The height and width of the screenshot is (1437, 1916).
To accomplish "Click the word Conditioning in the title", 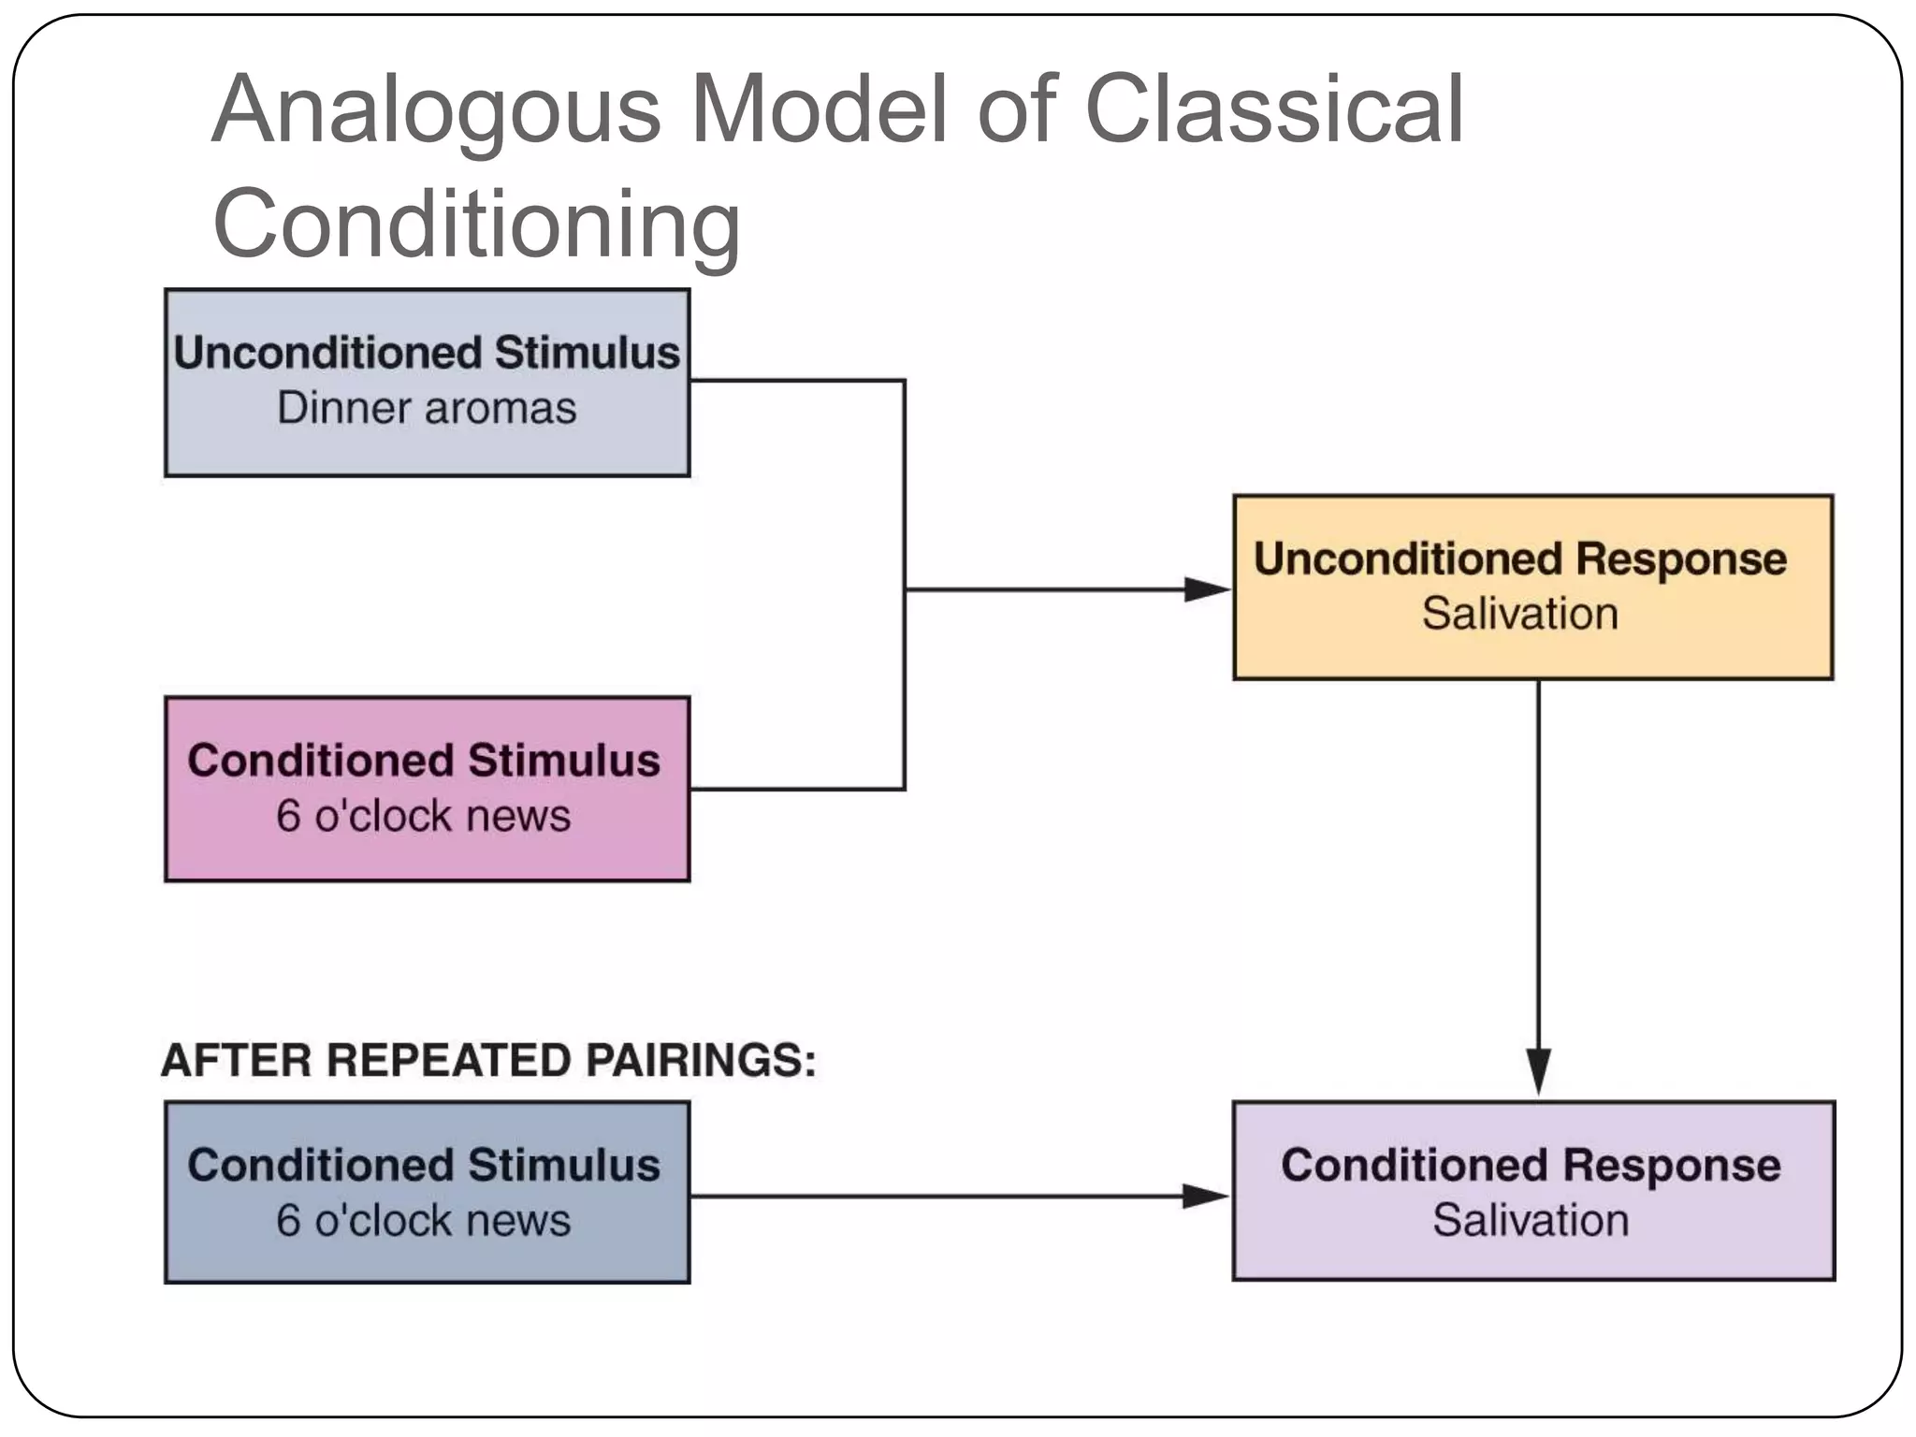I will point(477,225).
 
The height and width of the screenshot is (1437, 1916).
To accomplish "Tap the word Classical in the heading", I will point(1274,110).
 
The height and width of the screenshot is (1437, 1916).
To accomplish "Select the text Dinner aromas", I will point(427,409).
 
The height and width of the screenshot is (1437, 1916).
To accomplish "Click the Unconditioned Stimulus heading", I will point(427,354).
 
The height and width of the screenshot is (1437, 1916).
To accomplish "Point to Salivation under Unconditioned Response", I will point(1520,615).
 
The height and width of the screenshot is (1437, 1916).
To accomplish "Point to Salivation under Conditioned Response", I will point(1531,1221).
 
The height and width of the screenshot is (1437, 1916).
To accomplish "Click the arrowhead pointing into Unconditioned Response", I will point(1207,589).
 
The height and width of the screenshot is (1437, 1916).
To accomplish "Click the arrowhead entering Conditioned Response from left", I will point(1205,1196).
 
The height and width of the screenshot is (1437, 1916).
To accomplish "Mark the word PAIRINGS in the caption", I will point(701,1061).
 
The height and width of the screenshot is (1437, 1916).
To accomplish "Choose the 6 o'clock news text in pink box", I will point(423,816).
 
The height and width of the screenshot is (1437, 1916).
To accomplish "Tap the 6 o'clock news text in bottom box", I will point(423,1221).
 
